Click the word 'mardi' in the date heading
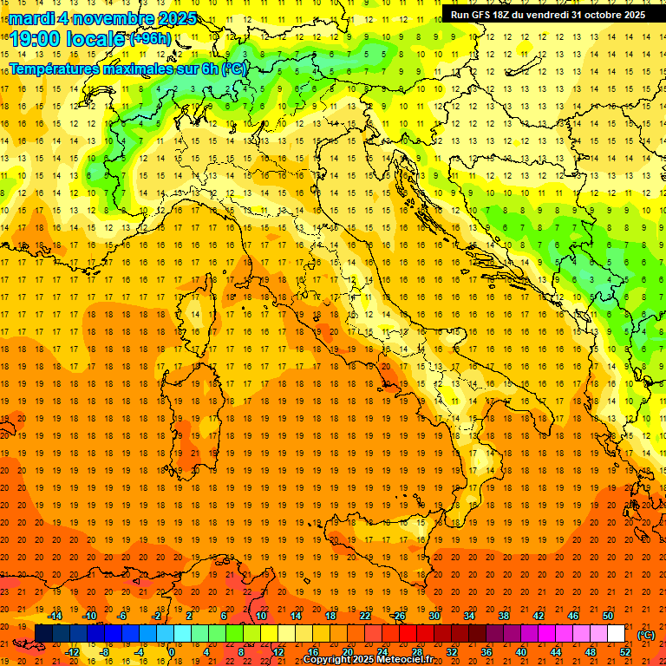[x=32, y=18]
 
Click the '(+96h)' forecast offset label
[x=151, y=39]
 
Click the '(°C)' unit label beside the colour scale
[x=646, y=635]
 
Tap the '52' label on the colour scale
[x=624, y=652]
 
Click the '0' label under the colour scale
[x=172, y=652]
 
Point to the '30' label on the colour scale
[x=434, y=616]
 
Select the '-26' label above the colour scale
[x=398, y=616]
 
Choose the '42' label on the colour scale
[x=538, y=616]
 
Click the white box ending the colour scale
[x=616, y=634]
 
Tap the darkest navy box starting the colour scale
[x=43, y=634]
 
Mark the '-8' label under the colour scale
[x=106, y=652]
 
